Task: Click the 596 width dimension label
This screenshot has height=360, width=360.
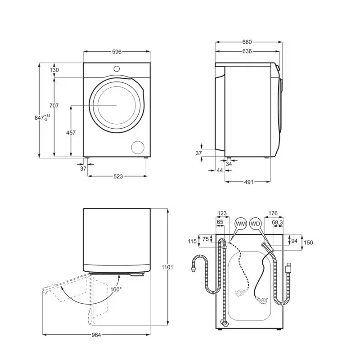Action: pos(117,52)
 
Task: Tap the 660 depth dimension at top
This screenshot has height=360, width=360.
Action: pos(247,42)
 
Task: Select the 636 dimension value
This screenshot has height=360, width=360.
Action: pos(247,51)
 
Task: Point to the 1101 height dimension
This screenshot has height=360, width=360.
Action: pos(167,267)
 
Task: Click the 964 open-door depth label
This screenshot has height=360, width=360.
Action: pos(96,335)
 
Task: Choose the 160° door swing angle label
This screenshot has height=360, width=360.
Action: pos(116,289)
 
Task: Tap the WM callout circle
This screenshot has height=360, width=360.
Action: pos(241,224)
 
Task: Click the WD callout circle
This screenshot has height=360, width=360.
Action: pos(255,224)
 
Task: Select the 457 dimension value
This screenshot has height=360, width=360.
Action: pos(71,133)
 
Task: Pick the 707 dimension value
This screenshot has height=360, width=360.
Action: pos(54,106)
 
